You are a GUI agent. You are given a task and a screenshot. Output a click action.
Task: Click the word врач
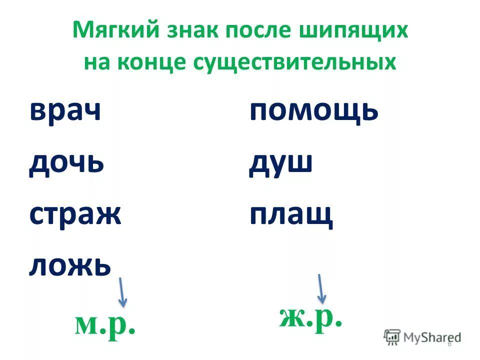pos(65,110)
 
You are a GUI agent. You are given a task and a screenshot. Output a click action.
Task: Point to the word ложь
pos(70,265)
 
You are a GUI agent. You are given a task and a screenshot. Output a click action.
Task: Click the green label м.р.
pos(105,325)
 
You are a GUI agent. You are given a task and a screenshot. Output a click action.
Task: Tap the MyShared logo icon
pos(392,336)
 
